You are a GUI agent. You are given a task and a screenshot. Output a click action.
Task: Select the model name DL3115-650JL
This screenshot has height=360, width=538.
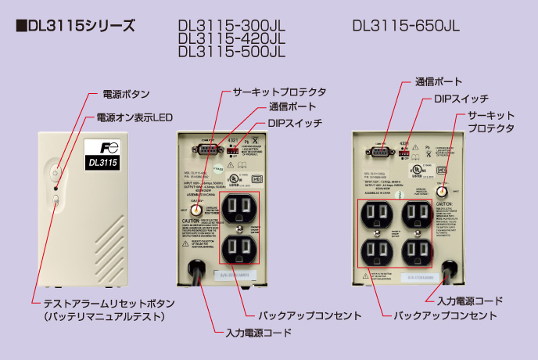[406, 25]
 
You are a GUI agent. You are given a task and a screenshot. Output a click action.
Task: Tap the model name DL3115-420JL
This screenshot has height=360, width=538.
[231, 38]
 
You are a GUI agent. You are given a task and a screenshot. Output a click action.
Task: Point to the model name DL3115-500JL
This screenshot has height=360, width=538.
[231, 52]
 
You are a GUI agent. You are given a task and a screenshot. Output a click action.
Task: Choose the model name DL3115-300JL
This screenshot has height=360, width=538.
[231, 25]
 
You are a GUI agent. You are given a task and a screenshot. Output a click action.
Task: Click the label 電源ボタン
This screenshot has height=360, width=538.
[126, 94]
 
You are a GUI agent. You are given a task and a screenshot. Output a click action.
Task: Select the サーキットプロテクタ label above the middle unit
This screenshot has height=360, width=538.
[279, 92]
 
